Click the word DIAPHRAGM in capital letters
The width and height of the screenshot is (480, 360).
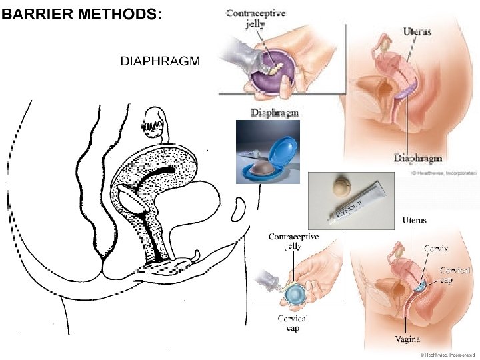(x=159, y=61)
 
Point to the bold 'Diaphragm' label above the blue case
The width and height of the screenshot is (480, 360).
(x=274, y=113)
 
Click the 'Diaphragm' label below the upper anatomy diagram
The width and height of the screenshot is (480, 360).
(x=417, y=158)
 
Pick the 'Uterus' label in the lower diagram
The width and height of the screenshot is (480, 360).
(x=415, y=220)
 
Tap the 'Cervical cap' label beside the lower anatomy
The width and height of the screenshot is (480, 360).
(x=455, y=275)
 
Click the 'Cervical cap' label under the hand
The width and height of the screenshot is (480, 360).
(x=293, y=323)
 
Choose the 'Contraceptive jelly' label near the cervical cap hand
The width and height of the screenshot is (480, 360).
(x=293, y=241)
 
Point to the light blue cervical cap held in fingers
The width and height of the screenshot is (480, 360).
(x=295, y=293)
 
